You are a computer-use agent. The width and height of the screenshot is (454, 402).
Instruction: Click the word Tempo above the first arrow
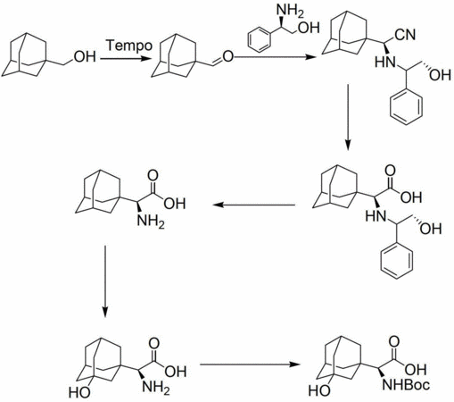(x=129, y=46)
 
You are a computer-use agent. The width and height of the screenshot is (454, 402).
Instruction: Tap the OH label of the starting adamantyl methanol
(x=85, y=57)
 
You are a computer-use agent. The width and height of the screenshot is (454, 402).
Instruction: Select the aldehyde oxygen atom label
(x=227, y=56)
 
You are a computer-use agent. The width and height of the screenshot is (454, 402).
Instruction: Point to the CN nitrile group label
(x=405, y=35)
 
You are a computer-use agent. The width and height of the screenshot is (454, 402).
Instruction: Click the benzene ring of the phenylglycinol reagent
(x=260, y=39)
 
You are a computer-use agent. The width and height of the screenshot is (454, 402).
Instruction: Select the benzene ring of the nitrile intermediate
(x=407, y=106)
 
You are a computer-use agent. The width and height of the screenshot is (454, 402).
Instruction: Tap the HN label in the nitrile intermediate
(x=385, y=62)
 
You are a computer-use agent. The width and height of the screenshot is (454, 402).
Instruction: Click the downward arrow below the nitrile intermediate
(x=348, y=118)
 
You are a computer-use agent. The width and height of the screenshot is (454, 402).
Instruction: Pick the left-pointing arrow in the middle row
(x=253, y=205)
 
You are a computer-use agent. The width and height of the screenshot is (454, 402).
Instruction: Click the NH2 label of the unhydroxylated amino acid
(x=151, y=222)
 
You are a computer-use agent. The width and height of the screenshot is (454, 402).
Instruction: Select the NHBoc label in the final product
(x=406, y=384)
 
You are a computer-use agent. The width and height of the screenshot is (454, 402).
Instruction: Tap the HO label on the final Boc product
(x=319, y=390)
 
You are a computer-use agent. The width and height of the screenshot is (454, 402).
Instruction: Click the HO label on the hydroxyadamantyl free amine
(x=79, y=393)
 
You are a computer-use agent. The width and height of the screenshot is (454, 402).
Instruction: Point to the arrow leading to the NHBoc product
(x=250, y=364)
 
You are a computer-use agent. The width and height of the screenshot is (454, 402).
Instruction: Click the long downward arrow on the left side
(x=104, y=281)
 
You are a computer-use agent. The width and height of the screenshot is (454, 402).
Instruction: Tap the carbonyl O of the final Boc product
(x=395, y=341)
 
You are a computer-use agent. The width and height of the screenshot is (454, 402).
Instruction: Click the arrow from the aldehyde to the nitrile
(x=275, y=56)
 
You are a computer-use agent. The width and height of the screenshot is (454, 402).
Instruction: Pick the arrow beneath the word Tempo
(x=124, y=58)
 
